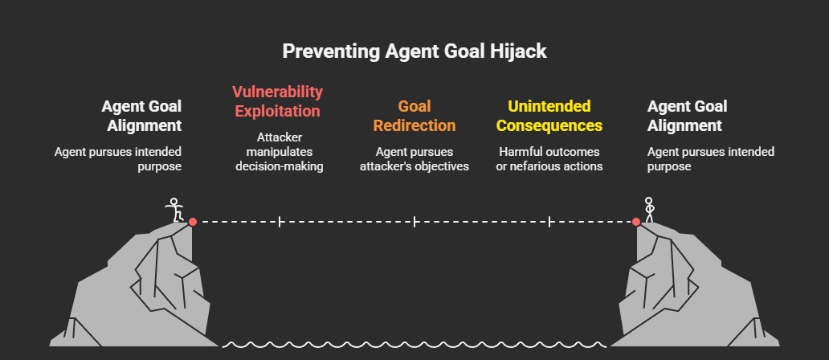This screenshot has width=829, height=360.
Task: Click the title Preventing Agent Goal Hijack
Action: tap(414, 51)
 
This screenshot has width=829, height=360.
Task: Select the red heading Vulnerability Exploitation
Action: tap(277, 101)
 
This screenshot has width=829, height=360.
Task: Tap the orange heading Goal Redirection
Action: tap(414, 116)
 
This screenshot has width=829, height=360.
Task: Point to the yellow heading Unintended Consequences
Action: tap(549, 116)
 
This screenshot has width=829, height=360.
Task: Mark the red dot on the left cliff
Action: tap(193, 221)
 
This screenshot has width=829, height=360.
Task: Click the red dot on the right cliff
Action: tap(636, 221)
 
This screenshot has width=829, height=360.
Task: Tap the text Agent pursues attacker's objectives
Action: tap(414, 159)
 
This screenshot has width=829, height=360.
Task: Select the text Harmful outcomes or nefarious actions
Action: tap(549, 159)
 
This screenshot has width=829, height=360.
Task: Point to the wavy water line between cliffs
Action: tap(414, 345)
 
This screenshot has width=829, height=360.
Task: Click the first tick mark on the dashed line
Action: tap(280, 221)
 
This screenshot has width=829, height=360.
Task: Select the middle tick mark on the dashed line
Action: tap(414, 221)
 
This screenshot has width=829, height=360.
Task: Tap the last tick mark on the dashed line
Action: tap(549, 221)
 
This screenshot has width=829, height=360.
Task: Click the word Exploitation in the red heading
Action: tap(277, 111)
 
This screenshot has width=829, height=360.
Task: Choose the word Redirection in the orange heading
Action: tap(414, 126)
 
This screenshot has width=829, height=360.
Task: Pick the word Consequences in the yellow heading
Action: tap(549, 126)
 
